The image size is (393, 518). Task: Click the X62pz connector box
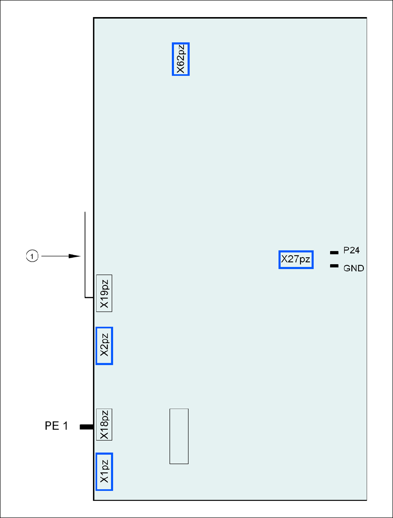pyautogui.click(x=181, y=59)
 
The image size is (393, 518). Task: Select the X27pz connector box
pyautogui.click(x=296, y=259)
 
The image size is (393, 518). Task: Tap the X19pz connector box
pyautogui.click(x=104, y=293)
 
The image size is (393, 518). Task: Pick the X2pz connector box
pyautogui.click(x=104, y=346)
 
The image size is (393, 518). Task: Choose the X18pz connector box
pyautogui.click(x=104, y=424)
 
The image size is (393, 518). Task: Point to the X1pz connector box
pyautogui.click(x=104, y=471)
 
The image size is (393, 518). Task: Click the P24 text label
pyautogui.click(x=351, y=251)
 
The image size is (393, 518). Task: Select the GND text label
pyautogui.click(x=354, y=268)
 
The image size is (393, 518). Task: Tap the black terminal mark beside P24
pyautogui.click(x=333, y=253)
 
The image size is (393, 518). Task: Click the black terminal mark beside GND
pyautogui.click(x=333, y=266)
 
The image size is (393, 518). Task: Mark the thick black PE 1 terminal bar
pyautogui.click(x=86, y=427)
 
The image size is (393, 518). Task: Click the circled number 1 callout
pyautogui.click(x=31, y=255)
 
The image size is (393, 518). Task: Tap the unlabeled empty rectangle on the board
pyautogui.click(x=179, y=436)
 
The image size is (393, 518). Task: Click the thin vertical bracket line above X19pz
pyautogui.click(x=86, y=254)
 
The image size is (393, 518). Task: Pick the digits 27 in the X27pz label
pyautogui.click(x=293, y=259)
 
